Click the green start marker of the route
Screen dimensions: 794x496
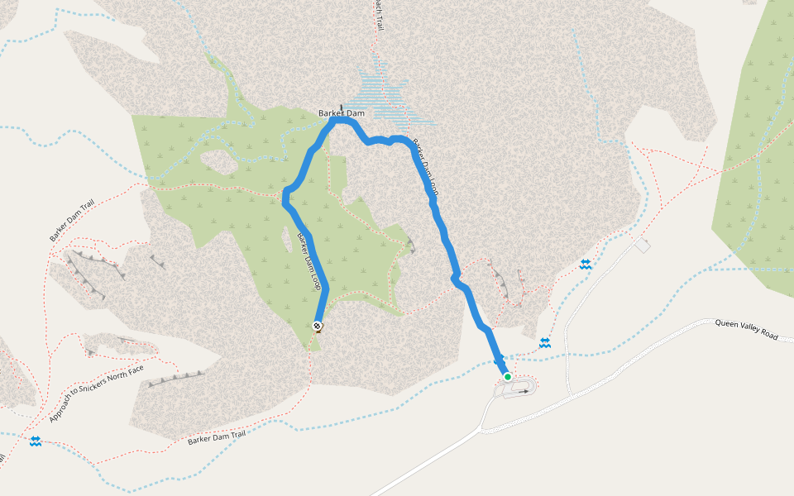508,377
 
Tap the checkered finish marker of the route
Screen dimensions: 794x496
318,326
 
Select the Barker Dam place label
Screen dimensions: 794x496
342,113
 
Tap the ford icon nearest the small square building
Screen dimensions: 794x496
586,264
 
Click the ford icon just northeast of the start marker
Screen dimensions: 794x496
545,342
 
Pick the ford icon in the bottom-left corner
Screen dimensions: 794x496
36,441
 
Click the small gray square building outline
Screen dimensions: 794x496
643,246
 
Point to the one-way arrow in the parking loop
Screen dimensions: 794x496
523,392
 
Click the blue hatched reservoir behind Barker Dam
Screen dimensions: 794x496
383,87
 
